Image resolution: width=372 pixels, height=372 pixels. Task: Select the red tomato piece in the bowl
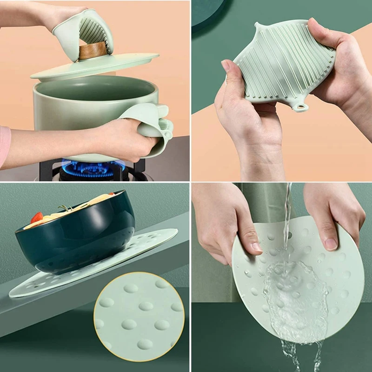pyautogui.click(x=37, y=217)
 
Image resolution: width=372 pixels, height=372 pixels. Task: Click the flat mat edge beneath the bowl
pyautogui.click(x=153, y=242)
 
